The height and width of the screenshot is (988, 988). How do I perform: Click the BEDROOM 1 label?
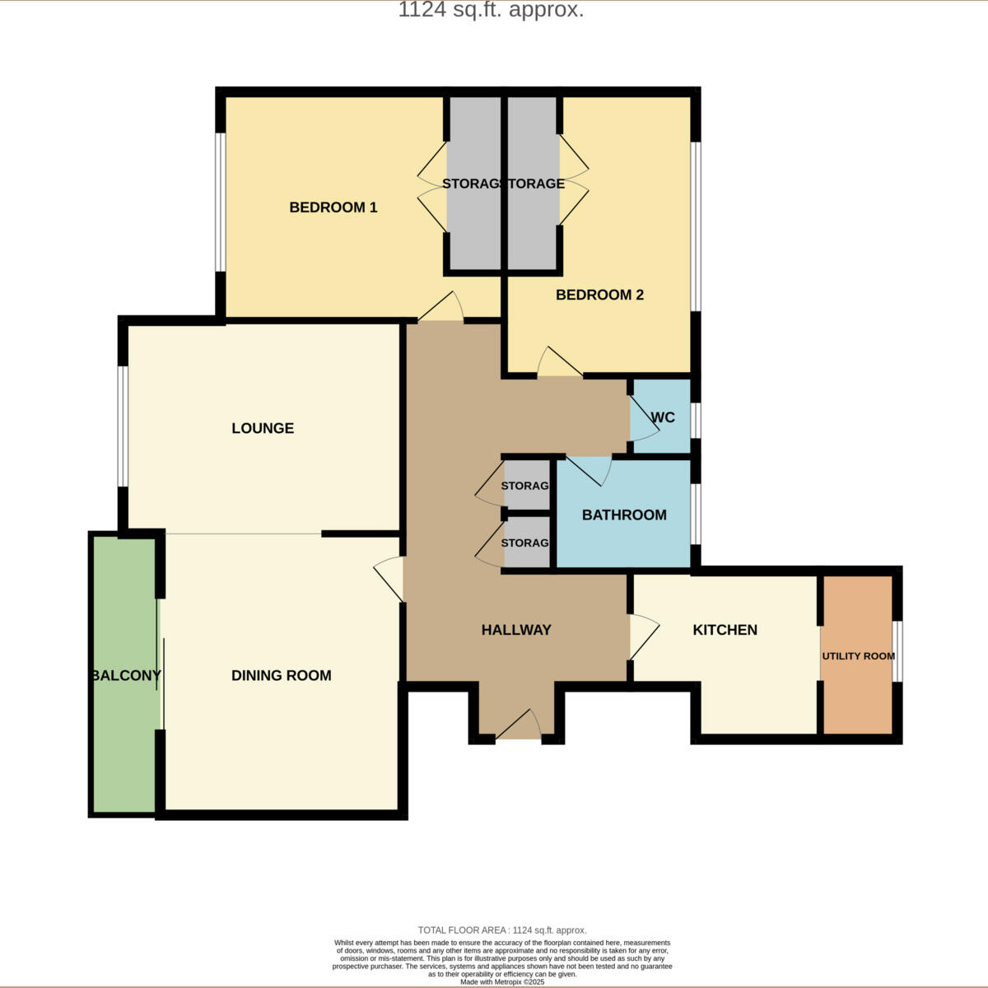(x=333, y=207)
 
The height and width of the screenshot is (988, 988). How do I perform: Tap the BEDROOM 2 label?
(x=599, y=295)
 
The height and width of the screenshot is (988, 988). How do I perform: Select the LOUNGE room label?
(x=263, y=428)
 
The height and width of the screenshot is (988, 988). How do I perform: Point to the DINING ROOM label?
(x=281, y=675)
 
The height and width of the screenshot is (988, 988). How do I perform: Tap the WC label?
(x=663, y=417)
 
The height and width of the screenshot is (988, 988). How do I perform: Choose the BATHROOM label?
(x=624, y=515)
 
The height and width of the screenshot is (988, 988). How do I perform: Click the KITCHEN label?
(x=725, y=630)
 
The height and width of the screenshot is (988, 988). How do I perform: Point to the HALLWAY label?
(x=516, y=630)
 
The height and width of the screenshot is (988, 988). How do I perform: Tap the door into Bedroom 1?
(x=441, y=309)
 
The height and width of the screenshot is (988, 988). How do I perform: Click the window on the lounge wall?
(x=122, y=426)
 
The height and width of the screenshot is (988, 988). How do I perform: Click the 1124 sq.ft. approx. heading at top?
(x=491, y=10)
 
